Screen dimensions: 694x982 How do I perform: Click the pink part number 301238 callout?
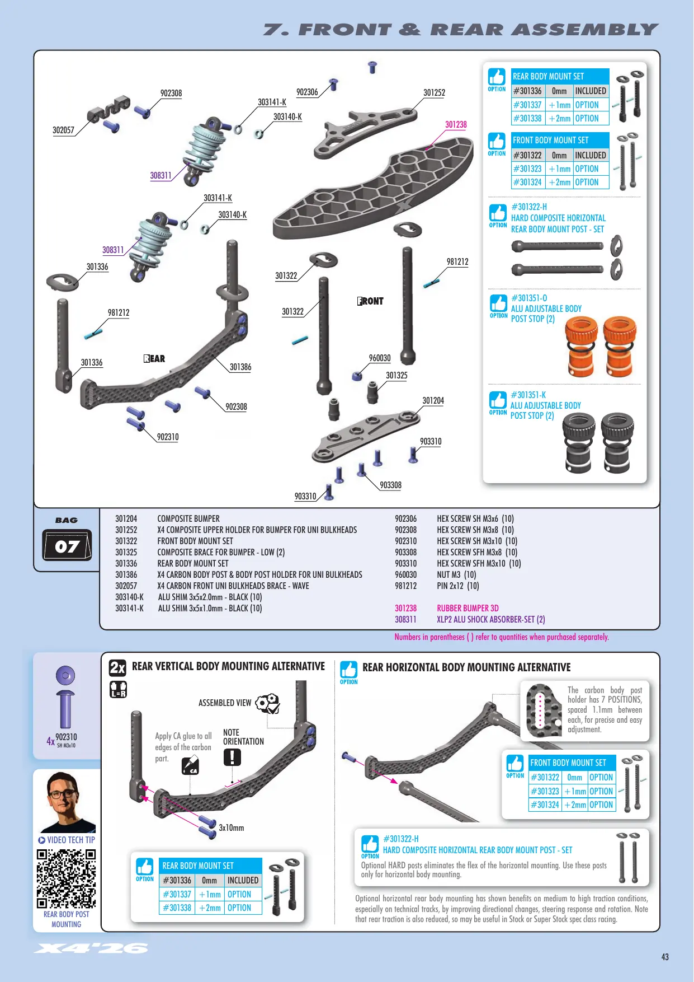point(456,125)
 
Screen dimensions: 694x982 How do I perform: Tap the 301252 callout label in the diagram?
point(434,93)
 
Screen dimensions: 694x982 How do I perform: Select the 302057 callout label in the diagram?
point(63,130)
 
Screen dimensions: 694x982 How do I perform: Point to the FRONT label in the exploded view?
point(371,301)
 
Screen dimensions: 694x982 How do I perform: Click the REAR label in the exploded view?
point(154,359)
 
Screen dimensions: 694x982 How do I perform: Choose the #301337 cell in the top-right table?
point(528,105)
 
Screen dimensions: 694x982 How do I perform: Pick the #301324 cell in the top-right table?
point(528,183)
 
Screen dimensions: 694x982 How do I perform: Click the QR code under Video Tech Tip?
point(66,878)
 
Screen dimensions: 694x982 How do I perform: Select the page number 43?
point(665,957)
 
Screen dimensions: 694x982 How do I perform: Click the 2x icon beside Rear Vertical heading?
point(117,667)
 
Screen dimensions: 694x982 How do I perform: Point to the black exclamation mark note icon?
point(232,757)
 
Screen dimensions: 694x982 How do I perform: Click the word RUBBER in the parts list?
point(451,609)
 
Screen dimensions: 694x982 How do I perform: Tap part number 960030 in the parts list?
point(406,575)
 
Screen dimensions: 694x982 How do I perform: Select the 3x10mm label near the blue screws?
point(231,828)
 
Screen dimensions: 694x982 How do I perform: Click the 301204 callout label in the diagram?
point(433,401)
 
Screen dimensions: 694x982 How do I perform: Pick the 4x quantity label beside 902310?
point(50,741)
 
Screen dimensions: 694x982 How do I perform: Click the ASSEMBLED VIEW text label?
point(225,703)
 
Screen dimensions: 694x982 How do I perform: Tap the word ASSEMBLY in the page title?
point(585,30)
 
